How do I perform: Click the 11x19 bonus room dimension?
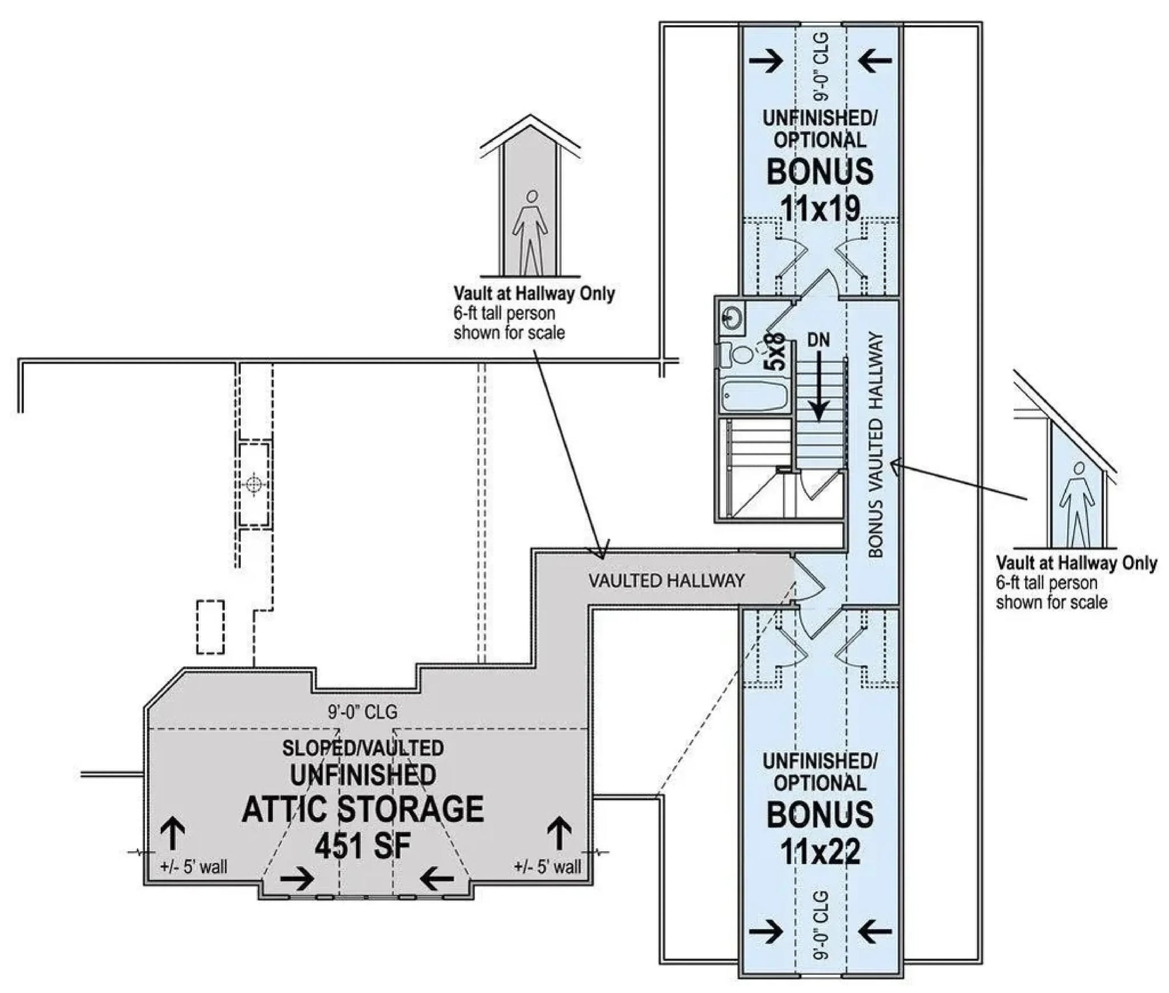pyautogui.click(x=819, y=209)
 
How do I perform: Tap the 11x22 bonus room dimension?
pyautogui.click(x=819, y=852)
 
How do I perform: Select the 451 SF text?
pyautogui.click(x=363, y=846)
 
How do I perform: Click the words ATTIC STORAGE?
pyautogui.click(x=363, y=809)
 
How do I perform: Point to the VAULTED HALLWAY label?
pyautogui.click(x=666, y=580)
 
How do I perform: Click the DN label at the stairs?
pyautogui.click(x=818, y=340)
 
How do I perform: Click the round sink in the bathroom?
pyautogui.click(x=732, y=318)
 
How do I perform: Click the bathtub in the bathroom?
pyautogui.click(x=754, y=396)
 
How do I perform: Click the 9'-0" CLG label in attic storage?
pyautogui.click(x=362, y=712)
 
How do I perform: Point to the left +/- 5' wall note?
pyautogui.click(x=193, y=867)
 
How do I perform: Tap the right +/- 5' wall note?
pyautogui.click(x=548, y=867)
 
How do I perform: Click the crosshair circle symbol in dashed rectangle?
pyautogui.click(x=254, y=485)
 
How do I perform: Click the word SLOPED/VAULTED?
pyautogui.click(x=363, y=748)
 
